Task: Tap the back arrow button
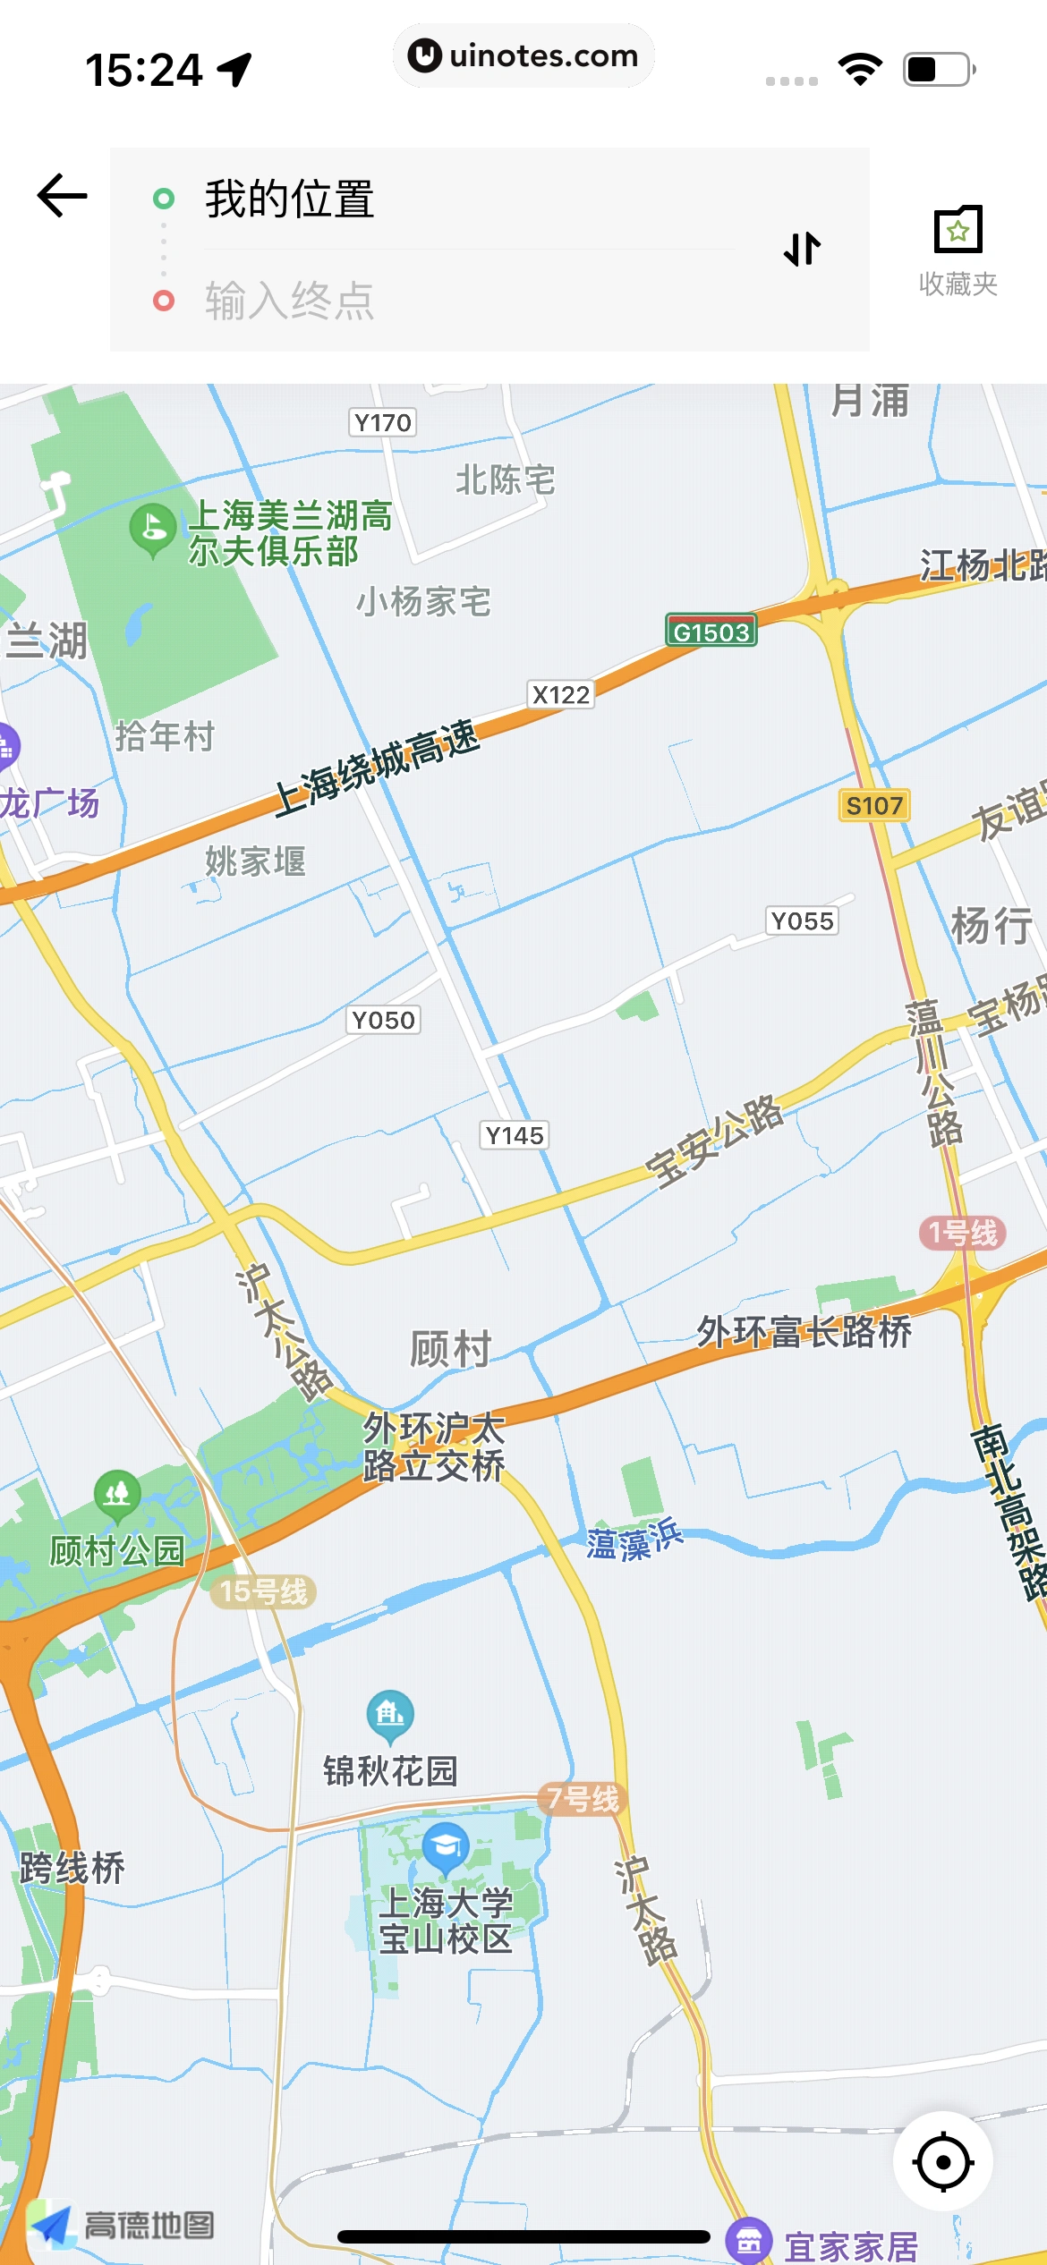[62, 196]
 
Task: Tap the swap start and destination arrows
[802, 249]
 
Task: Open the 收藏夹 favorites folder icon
[958, 232]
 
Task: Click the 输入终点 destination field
[290, 301]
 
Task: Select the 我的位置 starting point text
[290, 199]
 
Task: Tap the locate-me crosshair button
[943, 2162]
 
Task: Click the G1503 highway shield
[711, 632]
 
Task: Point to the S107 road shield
[874, 805]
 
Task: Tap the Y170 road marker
[382, 422]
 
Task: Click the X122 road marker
[561, 695]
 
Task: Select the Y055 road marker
[802, 920]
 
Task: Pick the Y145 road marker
[515, 1135]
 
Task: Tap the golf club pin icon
[152, 528]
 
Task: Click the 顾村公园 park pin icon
[117, 1495]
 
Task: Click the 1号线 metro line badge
[963, 1233]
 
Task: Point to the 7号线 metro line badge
[583, 1798]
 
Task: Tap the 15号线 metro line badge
[264, 1591]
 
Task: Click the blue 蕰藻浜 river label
[634, 1540]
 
